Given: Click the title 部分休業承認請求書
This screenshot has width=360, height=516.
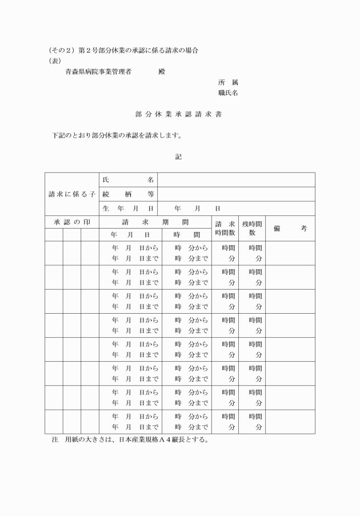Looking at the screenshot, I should pos(179,114).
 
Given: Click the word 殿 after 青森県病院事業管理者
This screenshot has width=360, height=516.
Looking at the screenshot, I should pos(162,71).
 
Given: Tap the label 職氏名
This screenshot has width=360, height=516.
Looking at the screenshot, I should pos(228,93).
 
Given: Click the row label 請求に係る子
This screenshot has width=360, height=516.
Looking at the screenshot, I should pos(72,194).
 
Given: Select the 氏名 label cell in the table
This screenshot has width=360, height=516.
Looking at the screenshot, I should pos(128,180).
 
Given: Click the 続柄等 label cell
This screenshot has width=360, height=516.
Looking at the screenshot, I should pos(128,194).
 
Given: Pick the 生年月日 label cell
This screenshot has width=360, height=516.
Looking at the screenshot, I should pos(128,209).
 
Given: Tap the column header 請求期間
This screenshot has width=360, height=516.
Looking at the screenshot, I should pos(155,222).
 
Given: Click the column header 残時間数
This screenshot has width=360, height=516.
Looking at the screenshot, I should pos(251,229).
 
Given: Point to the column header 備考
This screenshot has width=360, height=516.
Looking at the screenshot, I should pos(290,229).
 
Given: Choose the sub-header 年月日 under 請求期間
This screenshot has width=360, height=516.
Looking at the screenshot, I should pos(130,235).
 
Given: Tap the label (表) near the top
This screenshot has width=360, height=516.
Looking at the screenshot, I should pos(55,61).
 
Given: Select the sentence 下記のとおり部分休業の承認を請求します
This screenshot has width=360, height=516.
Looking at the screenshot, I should pos(117,136).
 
